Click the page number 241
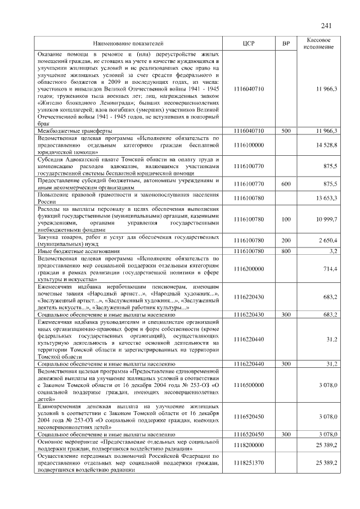coord(326,26)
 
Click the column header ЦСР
coord(248,43)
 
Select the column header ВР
coord(286,43)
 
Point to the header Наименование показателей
coord(128,43)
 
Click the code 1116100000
coord(248,145)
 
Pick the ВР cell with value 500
coord(286,131)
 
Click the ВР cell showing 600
coord(286,184)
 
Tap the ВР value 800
coord(286,250)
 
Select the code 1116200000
coord(248,269)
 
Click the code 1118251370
coord(248,463)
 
